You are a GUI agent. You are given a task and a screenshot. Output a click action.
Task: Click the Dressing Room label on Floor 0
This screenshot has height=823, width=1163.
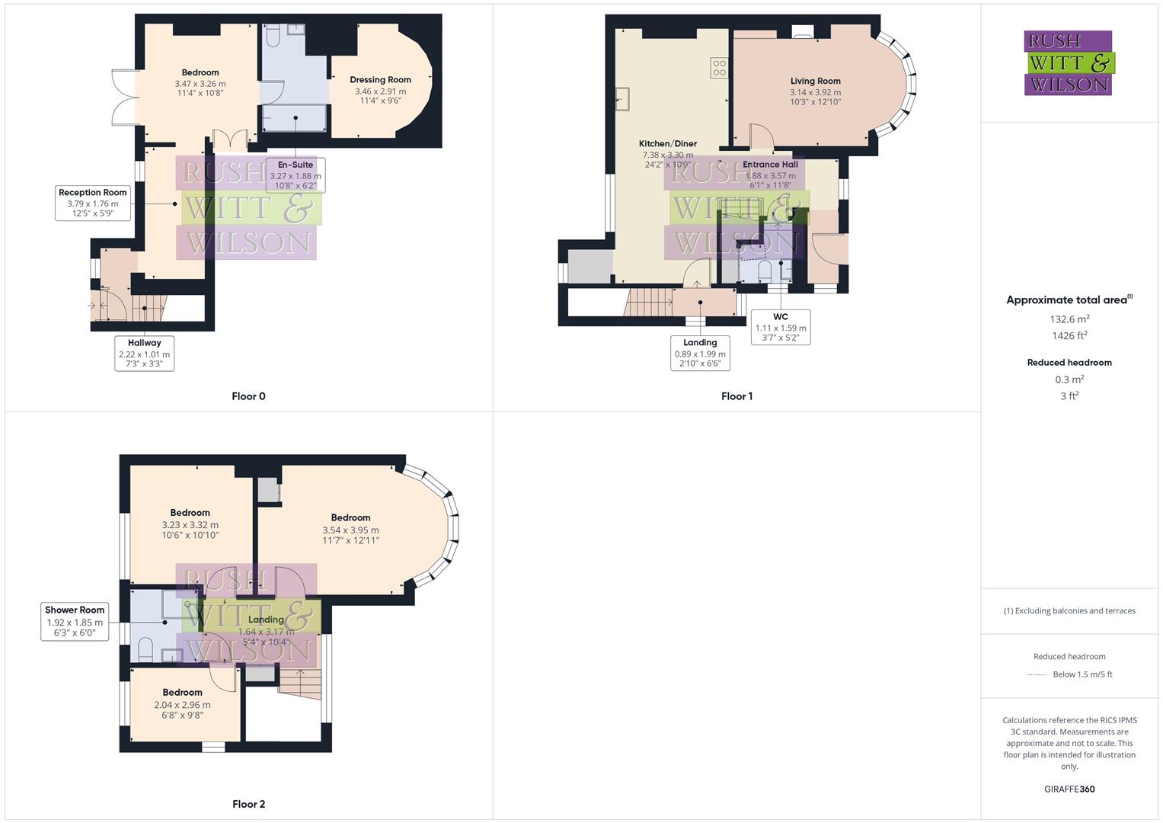(380, 80)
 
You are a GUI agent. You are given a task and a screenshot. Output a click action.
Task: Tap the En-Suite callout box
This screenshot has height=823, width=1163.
(296, 175)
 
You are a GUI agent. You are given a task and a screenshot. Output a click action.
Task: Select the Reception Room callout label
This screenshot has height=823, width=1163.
(93, 203)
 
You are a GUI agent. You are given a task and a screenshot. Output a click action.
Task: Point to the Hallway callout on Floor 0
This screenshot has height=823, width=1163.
(144, 354)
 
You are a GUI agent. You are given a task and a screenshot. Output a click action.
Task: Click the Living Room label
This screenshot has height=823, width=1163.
(815, 81)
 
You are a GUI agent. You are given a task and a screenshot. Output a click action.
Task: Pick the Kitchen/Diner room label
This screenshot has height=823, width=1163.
(667, 143)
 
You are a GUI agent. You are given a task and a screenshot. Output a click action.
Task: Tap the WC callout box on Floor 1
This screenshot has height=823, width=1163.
(780, 327)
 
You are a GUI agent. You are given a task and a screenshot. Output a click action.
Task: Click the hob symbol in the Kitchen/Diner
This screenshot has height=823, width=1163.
(718, 68)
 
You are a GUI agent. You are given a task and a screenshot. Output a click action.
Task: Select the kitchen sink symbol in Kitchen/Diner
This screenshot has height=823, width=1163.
(623, 99)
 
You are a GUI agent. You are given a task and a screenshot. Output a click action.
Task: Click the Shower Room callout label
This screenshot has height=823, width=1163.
(75, 621)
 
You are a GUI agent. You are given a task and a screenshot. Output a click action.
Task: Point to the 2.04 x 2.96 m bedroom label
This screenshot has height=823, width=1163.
(182, 705)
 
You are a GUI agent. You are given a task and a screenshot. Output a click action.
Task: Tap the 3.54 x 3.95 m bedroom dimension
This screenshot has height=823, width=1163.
(350, 530)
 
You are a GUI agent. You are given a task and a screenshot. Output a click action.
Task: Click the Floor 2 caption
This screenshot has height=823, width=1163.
(248, 804)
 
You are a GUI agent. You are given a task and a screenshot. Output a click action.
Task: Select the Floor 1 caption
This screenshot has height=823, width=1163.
(736, 396)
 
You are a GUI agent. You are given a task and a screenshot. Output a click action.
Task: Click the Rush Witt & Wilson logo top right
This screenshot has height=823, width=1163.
(1069, 62)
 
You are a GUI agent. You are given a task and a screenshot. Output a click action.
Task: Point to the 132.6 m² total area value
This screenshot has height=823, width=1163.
(1069, 319)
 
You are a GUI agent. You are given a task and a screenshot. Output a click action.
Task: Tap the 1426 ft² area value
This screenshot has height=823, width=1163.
(1069, 336)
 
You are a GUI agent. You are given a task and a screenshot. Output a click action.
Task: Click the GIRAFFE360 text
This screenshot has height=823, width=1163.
(1069, 789)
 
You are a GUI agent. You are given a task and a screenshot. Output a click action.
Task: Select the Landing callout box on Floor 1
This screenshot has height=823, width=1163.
(700, 354)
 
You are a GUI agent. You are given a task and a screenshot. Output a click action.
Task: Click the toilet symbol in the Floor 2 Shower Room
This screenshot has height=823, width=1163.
(145, 650)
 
